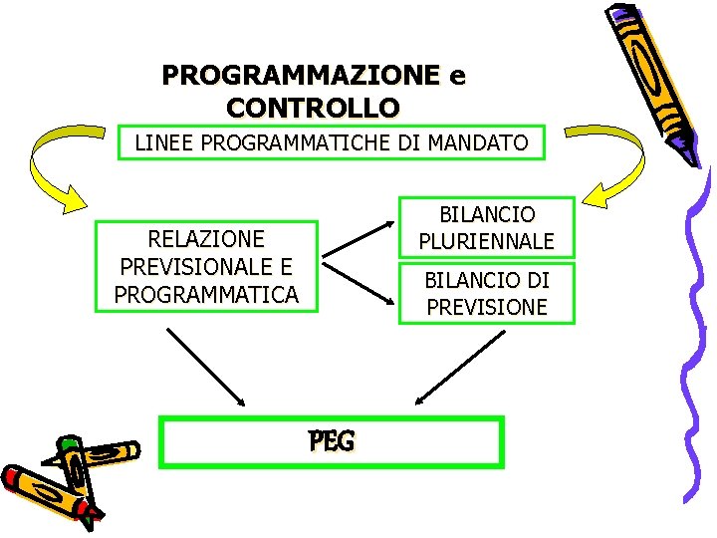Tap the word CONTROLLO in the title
(314, 107)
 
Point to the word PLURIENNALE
(487, 241)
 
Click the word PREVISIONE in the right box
(487, 307)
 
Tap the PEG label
(332, 440)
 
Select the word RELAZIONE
(206, 239)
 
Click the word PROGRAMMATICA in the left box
(206, 295)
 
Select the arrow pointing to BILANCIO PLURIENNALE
(357, 245)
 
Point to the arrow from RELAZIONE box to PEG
(205, 366)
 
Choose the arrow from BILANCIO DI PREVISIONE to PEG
(459, 367)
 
